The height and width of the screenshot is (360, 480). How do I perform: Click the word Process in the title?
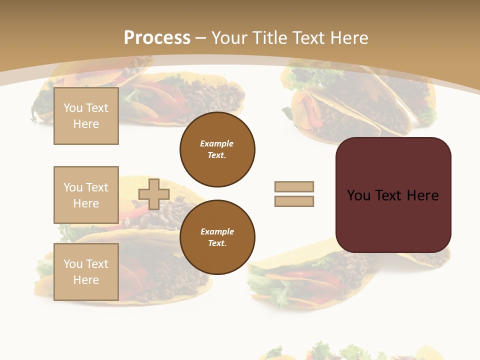pyautogui.click(x=157, y=38)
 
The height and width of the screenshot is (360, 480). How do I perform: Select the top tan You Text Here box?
pyautogui.click(x=86, y=116)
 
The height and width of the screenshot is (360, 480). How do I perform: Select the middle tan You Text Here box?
pyautogui.click(x=86, y=195)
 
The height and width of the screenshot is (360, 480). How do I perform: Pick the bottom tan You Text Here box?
pyautogui.click(x=86, y=272)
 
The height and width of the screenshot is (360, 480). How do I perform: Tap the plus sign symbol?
pyautogui.click(x=154, y=194)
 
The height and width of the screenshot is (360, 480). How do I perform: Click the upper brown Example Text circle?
pyautogui.click(x=217, y=149)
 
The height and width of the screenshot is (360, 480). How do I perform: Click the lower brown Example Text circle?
pyautogui.click(x=217, y=237)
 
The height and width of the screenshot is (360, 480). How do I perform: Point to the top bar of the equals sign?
pyautogui.click(x=294, y=186)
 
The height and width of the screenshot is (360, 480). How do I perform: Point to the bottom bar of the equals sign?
pyautogui.click(x=294, y=201)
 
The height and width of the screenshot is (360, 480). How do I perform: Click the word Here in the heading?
pyautogui.click(x=348, y=38)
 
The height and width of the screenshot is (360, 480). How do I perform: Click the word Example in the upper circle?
pyautogui.click(x=217, y=143)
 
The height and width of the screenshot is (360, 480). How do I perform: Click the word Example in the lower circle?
pyautogui.click(x=217, y=231)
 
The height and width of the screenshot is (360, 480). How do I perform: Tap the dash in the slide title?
pyautogui.click(x=201, y=38)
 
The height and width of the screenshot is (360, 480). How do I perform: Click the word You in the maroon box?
pyautogui.click(x=359, y=195)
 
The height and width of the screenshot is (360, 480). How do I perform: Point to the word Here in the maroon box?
pyautogui.click(x=423, y=195)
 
